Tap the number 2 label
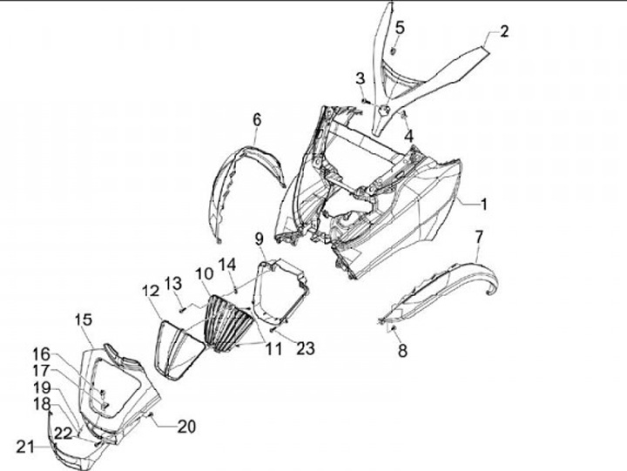pos(504,32)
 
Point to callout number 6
pos(257,118)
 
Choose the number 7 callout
pos(479,237)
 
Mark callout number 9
pos(260,239)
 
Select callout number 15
pos(83,319)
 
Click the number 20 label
pos(186,427)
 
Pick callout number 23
pos(305,349)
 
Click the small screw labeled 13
pos(181,306)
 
